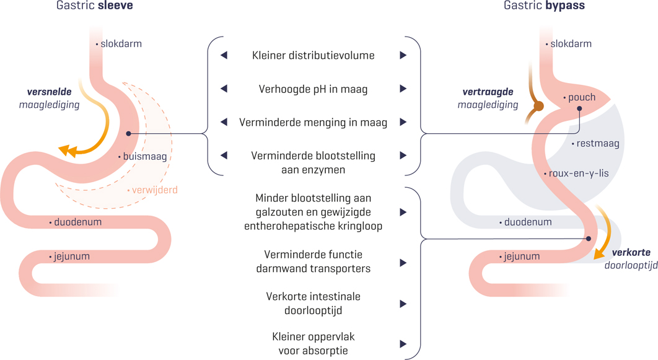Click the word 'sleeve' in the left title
coord(116,6)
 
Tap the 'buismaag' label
coord(144,157)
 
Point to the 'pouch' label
coord(581,97)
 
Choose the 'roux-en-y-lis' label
coord(578,173)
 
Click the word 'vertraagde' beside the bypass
coord(488,92)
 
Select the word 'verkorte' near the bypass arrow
coord(631,252)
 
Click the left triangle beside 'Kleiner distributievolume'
coord(224,56)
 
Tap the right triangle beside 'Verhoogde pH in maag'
coord(403,89)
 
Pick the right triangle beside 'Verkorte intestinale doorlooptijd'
coord(403,304)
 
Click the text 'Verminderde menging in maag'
coord(313,123)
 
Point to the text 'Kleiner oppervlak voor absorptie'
coord(313,344)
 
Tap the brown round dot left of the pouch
coord(538,107)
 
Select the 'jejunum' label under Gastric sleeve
coord(71,256)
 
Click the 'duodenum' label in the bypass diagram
coord(527,222)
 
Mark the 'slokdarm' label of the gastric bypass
coord(571,44)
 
